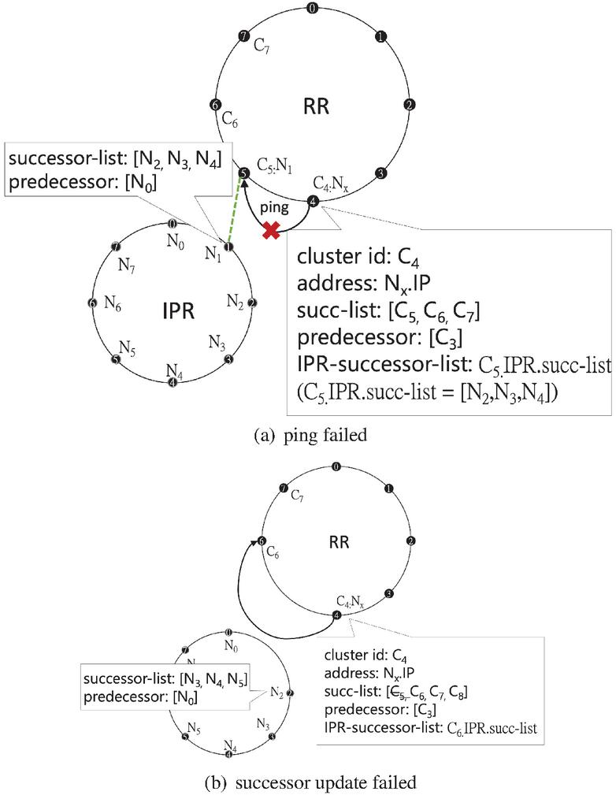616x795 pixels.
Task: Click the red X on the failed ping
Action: coord(273,230)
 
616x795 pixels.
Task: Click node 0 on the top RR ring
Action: coord(314,9)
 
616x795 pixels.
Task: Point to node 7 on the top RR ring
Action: coord(244,36)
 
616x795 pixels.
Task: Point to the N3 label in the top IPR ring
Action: coord(217,342)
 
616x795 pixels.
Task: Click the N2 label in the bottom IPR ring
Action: coord(276,693)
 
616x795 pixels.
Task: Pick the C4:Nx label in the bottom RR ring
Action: coord(350,602)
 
